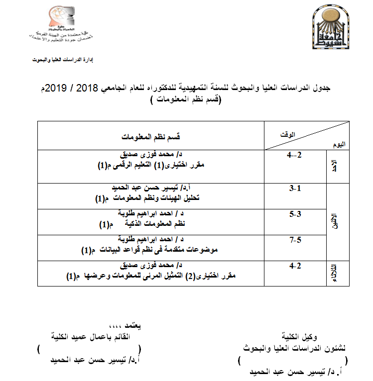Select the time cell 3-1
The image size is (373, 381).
coord(295,189)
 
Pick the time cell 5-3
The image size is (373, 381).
coord(295,214)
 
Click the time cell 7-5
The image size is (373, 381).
coord(295,240)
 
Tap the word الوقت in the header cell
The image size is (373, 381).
coord(288,133)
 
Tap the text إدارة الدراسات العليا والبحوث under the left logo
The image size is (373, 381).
coord(63,60)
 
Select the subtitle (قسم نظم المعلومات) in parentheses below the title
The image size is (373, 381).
coord(186,99)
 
